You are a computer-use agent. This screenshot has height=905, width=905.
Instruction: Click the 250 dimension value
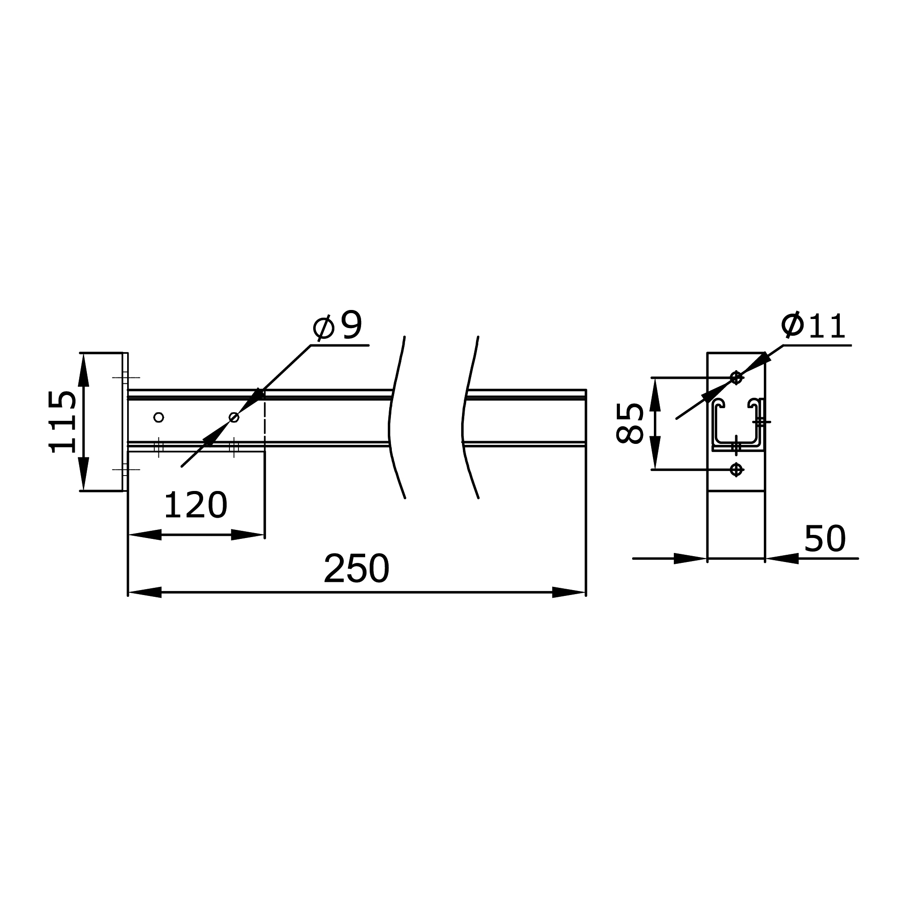(357, 569)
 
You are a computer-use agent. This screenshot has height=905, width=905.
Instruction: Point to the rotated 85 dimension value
(629, 423)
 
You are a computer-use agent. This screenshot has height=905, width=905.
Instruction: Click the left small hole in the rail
(159, 417)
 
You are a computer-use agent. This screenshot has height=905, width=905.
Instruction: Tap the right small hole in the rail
(234, 417)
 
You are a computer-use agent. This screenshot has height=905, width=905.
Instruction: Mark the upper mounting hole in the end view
(736, 377)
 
